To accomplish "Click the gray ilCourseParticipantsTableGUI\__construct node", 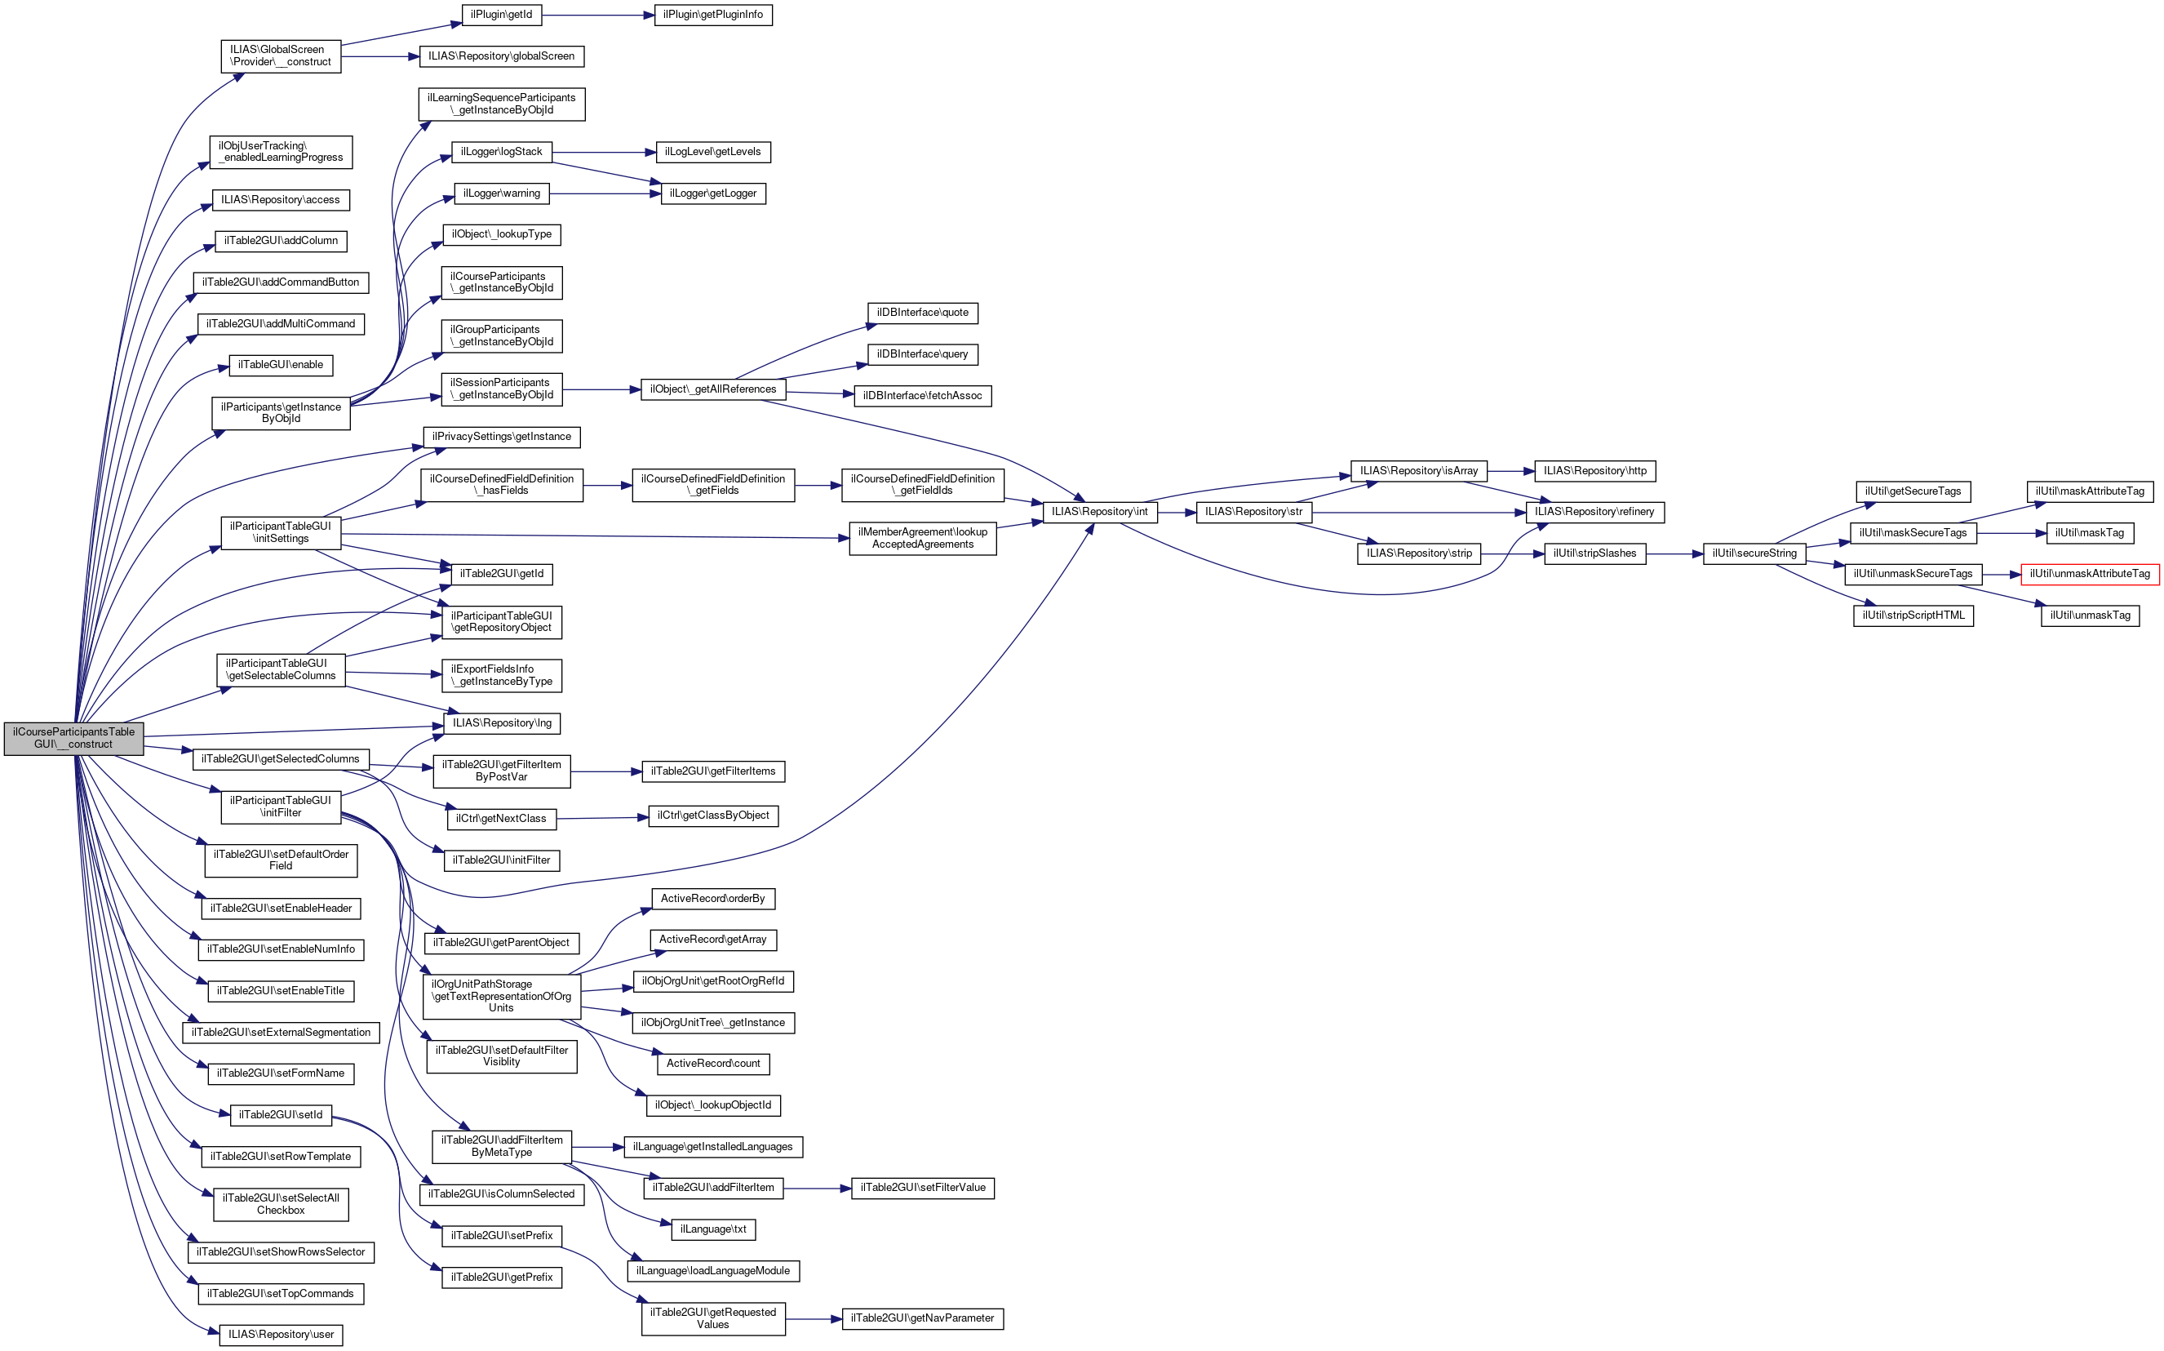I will click(73, 738).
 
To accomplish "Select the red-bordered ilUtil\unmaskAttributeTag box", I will click(2089, 574).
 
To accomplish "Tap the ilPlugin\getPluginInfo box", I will click(712, 16).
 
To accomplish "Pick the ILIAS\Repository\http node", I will click(1594, 471).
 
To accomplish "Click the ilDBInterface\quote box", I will click(922, 313).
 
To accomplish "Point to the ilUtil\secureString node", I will click(1754, 554).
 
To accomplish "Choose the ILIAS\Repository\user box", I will click(281, 1335).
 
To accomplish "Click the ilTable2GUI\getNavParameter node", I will click(922, 1318).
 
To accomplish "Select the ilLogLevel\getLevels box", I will click(712, 152).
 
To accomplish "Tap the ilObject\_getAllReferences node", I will click(712, 389).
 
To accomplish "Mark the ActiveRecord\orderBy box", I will click(712, 898).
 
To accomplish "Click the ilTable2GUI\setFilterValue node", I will click(922, 1188).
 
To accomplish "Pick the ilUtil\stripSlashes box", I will click(1594, 554).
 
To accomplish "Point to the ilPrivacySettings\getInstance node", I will click(501, 437).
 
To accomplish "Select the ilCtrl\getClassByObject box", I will click(712, 815).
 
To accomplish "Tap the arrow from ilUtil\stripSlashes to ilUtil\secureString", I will click(1674, 554).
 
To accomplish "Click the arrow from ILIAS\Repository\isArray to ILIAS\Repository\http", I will click(1510, 471).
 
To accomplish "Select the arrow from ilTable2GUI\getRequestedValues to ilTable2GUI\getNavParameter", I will click(813, 1319).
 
